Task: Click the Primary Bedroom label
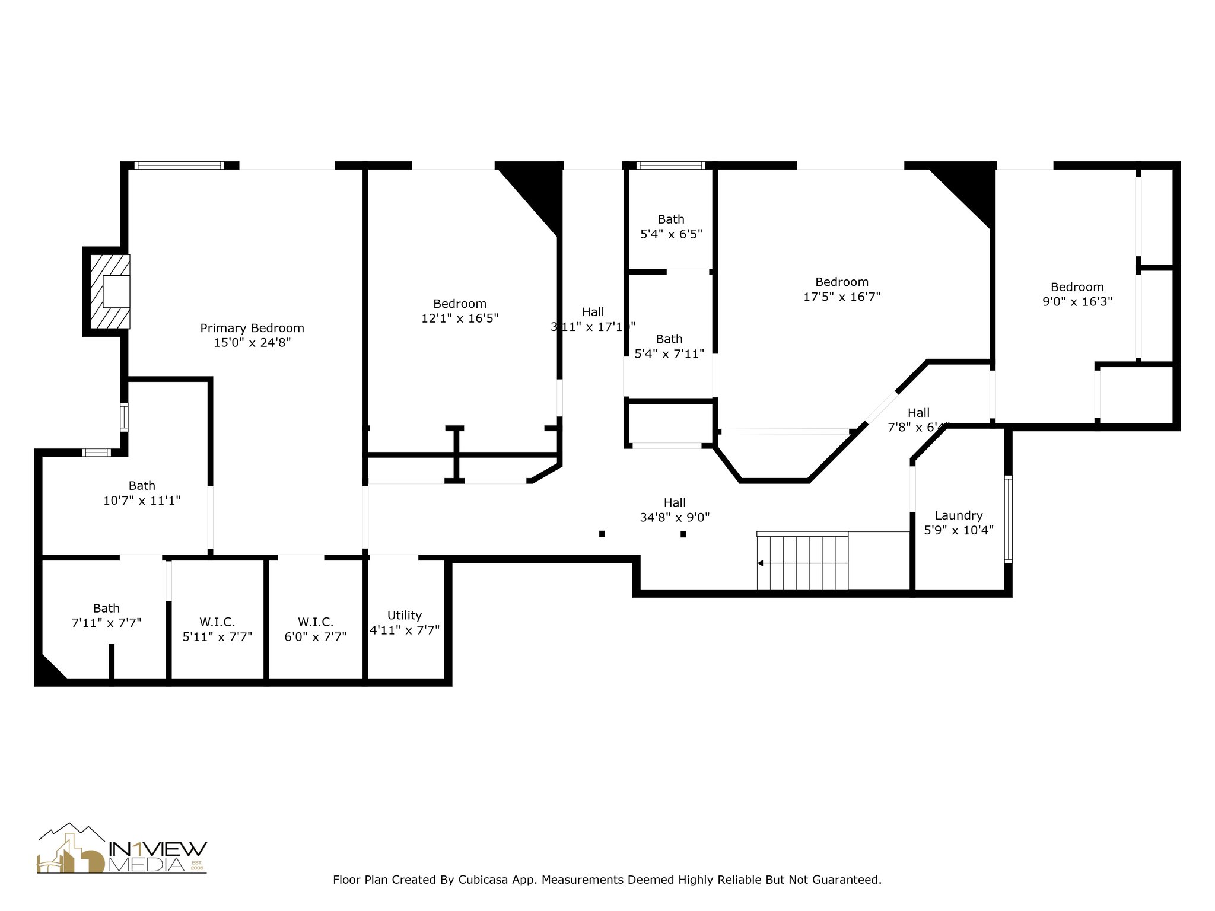pyautogui.click(x=252, y=328)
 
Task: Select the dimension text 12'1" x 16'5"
pyautogui.click(x=459, y=318)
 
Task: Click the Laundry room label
pyautogui.click(x=958, y=515)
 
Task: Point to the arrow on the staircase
pyautogui.click(x=761, y=563)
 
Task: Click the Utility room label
pyautogui.click(x=404, y=615)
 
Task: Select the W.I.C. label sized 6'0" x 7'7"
pyautogui.click(x=315, y=622)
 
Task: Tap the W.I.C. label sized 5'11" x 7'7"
pyautogui.click(x=217, y=622)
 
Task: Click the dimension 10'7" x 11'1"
pyautogui.click(x=142, y=501)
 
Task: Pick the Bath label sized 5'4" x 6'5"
pyautogui.click(x=671, y=219)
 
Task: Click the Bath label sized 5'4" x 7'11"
pyautogui.click(x=669, y=339)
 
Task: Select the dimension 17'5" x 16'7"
pyautogui.click(x=841, y=297)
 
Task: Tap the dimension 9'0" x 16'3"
pyautogui.click(x=1077, y=301)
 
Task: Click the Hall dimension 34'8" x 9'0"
pyautogui.click(x=675, y=517)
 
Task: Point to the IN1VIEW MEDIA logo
pyautogui.click(x=122, y=850)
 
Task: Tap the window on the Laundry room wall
pyautogui.click(x=1008, y=518)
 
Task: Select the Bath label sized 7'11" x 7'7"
pyautogui.click(x=106, y=609)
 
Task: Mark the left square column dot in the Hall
pyautogui.click(x=602, y=534)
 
